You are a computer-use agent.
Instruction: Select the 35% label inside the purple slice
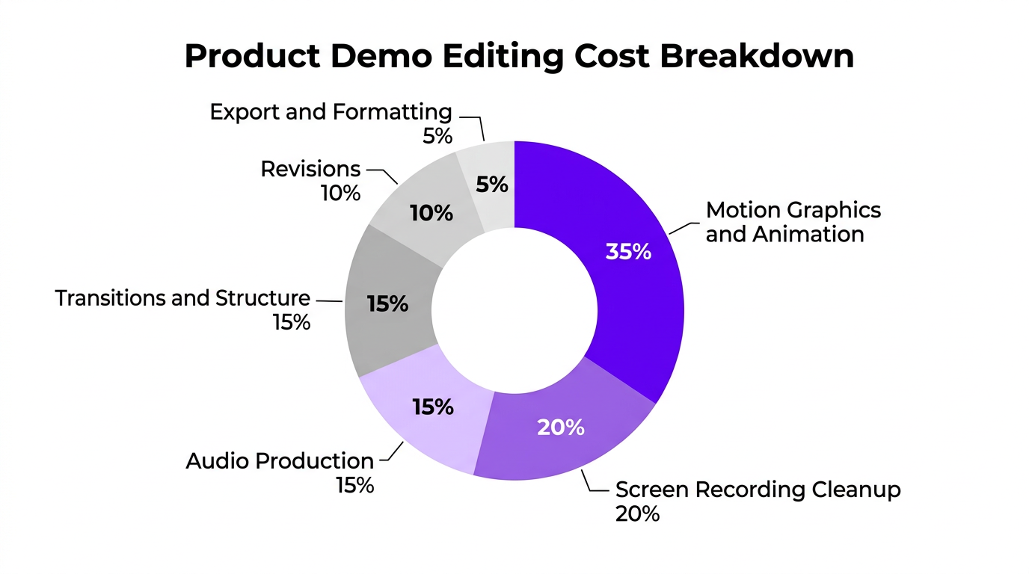[628, 252]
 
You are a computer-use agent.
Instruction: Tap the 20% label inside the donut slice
[560, 428]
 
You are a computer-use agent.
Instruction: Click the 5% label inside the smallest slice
[492, 184]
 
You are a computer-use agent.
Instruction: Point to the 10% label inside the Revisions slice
[431, 214]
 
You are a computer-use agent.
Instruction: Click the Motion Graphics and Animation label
[793, 222]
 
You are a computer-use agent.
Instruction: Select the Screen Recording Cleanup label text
[758, 490]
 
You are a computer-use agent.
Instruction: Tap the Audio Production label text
[280, 460]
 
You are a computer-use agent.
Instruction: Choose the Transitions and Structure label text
[183, 298]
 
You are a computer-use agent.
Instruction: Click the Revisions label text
[310, 170]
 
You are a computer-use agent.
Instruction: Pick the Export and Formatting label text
[331, 112]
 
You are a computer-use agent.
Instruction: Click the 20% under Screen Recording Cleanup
[637, 514]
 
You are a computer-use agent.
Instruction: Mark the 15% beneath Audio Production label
[354, 485]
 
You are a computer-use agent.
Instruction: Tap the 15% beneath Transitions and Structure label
[291, 323]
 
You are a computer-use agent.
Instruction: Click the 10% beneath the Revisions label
[341, 194]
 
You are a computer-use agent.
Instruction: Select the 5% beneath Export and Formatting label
[437, 137]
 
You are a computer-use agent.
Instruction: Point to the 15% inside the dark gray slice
[387, 304]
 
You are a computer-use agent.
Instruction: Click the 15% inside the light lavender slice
[433, 407]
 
